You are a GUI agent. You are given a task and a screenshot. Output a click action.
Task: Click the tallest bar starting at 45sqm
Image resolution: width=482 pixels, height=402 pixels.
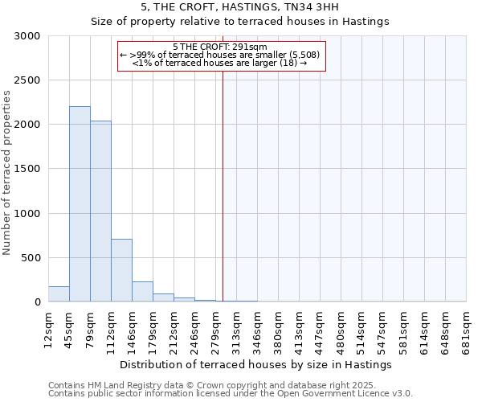(x=80, y=204)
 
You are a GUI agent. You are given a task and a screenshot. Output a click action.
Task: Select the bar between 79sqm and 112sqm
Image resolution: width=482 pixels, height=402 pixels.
(x=100, y=211)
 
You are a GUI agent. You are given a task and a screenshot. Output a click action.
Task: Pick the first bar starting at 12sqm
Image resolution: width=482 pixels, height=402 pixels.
(x=59, y=294)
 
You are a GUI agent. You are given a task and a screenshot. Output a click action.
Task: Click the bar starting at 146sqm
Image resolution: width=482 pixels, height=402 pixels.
(x=142, y=292)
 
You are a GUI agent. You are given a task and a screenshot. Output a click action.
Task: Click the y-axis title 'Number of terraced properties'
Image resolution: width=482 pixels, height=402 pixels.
(x=7, y=173)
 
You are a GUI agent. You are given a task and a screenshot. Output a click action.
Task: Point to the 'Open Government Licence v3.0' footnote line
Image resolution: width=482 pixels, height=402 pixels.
(x=231, y=394)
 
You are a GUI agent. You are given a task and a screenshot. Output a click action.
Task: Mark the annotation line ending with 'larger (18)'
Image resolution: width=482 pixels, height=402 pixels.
(x=220, y=63)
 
